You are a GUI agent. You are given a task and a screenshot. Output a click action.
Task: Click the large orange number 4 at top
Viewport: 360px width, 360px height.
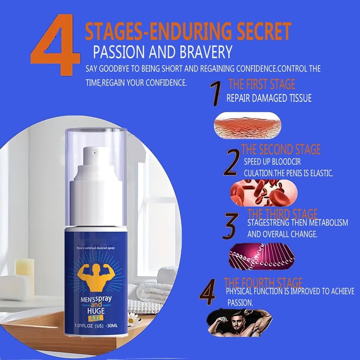(x=55, y=46)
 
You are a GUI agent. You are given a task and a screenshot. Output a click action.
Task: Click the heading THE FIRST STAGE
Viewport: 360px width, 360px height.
(x=262, y=84)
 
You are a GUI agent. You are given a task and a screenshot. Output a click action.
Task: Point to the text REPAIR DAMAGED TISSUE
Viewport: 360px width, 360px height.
(x=269, y=98)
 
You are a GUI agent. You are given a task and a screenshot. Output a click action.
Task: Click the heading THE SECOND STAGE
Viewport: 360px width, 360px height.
(x=280, y=150)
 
